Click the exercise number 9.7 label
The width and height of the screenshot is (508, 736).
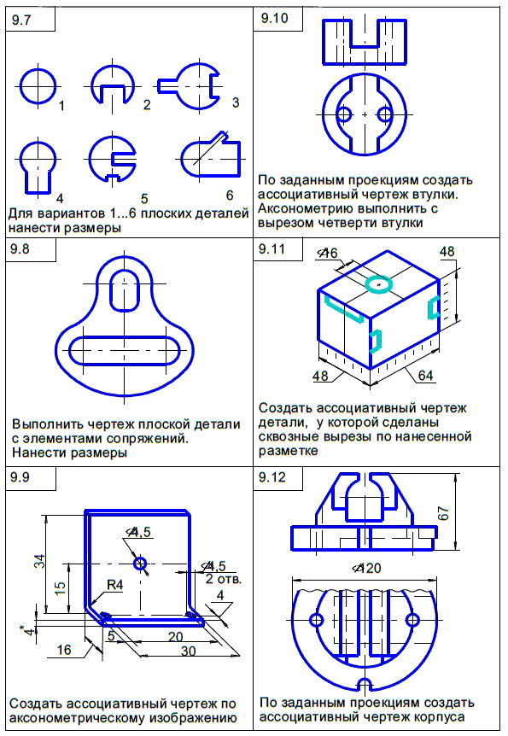point(21,20)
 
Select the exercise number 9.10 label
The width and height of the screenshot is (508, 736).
point(275,18)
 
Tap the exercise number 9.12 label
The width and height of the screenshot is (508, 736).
point(272,477)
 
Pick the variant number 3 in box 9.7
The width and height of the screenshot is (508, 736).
point(236,102)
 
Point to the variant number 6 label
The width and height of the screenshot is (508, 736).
point(230,195)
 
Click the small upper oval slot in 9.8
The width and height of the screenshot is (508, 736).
point(124,289)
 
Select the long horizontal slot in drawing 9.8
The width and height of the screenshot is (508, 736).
point(125,350)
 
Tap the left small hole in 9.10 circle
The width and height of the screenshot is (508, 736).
point(344,114)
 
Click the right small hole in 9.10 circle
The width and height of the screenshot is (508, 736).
point(384,114)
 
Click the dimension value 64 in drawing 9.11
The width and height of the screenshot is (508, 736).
point(425,376)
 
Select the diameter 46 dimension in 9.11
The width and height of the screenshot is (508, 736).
point(328,253)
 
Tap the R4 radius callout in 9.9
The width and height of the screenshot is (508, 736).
point(114,585)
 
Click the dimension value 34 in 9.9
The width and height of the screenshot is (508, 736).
point(40,561)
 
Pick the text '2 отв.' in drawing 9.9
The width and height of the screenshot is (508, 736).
point(223,579)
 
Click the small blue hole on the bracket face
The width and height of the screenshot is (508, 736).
point(140,564)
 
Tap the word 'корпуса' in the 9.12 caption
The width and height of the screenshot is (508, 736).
point(437,717)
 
